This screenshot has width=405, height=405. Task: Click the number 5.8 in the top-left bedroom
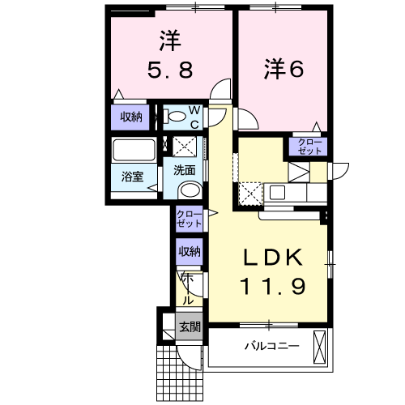168,70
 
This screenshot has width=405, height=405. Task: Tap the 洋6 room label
282,70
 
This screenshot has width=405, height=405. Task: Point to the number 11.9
272,285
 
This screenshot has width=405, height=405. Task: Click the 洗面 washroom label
184,170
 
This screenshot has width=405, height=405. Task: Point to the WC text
195,117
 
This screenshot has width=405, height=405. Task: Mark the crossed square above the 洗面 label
185,147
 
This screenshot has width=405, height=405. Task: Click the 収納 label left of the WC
131,117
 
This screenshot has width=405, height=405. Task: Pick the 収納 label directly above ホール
189,252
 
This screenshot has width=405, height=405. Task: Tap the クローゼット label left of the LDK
189,218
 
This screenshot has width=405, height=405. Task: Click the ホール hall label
187,288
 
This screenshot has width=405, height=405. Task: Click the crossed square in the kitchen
249,194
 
